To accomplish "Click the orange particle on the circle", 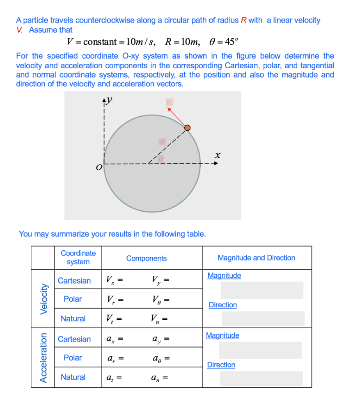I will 187,128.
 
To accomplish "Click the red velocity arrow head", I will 169,108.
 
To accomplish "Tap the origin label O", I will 98,167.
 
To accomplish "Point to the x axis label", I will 218,155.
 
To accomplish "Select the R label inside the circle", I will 163,142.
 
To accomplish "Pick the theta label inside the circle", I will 161,159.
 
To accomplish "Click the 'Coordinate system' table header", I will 78,258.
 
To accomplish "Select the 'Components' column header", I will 147,258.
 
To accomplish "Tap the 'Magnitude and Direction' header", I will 256,258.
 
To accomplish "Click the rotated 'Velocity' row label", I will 43,299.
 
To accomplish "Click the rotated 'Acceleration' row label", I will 43,358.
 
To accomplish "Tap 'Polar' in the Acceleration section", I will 73,358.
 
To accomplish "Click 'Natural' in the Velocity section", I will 73,318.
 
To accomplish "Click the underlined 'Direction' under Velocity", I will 223,305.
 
